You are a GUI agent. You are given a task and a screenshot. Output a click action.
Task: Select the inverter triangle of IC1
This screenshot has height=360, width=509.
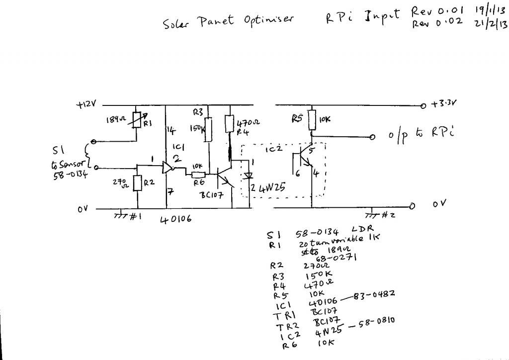pyautogui.click(x=168, y=169)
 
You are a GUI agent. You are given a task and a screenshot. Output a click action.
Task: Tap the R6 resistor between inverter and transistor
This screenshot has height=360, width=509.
pyautogui.click(x=198, y=174)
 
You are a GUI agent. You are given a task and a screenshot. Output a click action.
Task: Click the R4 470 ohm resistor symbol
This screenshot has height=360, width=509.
pyautogui.click(x=230, y=123)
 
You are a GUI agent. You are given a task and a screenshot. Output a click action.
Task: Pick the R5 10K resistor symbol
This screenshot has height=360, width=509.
pyautogui.click(x=311, y=119)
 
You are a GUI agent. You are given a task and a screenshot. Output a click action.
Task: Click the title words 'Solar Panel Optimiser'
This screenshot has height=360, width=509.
pyautogui.click(x=228, y=21)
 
